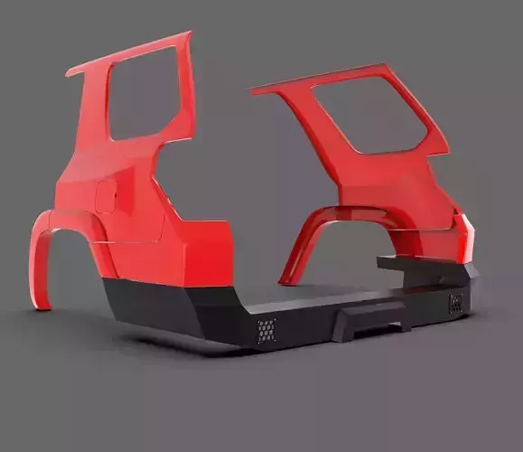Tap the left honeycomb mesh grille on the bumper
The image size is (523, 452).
click(266, 331)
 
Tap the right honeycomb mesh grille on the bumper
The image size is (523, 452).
click(455, 303)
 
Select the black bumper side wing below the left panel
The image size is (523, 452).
click(149, 305)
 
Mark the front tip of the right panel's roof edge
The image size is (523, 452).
click(254, 89)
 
